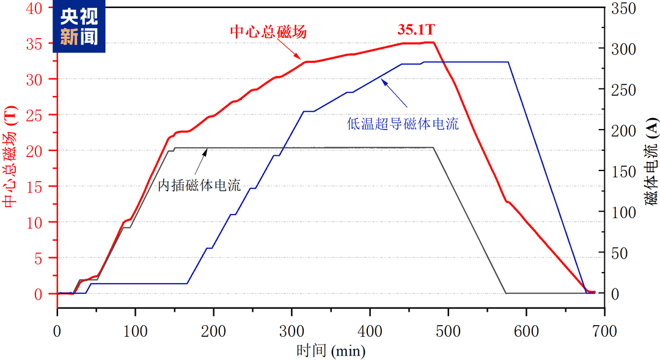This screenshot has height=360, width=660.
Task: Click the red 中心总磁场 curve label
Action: (268, 32)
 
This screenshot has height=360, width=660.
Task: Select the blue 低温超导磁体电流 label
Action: (403, 125)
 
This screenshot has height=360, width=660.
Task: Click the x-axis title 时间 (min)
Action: (331, 351)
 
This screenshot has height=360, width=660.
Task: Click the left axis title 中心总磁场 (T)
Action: (10, 150)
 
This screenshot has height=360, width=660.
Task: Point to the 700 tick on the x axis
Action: (604, 331)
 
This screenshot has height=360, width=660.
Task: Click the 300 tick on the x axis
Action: (291, 331)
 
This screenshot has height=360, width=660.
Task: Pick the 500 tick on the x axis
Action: (448, 331)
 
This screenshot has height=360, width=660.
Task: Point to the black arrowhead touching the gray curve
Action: (205, 150)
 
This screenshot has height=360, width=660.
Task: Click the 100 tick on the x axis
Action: (135, 331)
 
